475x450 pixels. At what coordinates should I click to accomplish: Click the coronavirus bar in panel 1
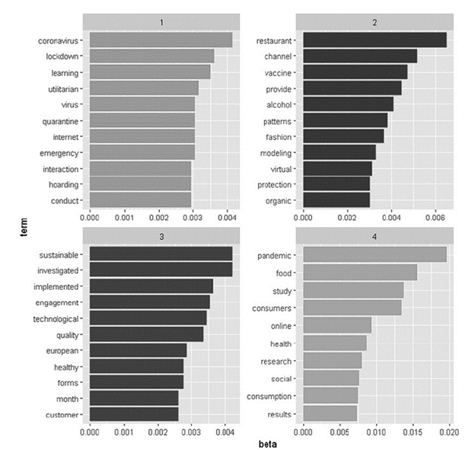tap(161, 40)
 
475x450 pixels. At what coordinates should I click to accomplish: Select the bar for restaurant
tap(375, 40)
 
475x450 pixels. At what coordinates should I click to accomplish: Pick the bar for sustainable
tap(161, 254)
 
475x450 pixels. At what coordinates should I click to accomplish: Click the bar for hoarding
tap(140, 184)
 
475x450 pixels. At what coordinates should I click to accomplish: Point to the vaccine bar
tap(355, 72)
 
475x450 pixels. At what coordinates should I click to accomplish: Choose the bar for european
tap(138, 350)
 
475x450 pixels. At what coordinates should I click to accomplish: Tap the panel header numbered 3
tap(161, 237)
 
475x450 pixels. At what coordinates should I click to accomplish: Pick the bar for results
tap(330, 413)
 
